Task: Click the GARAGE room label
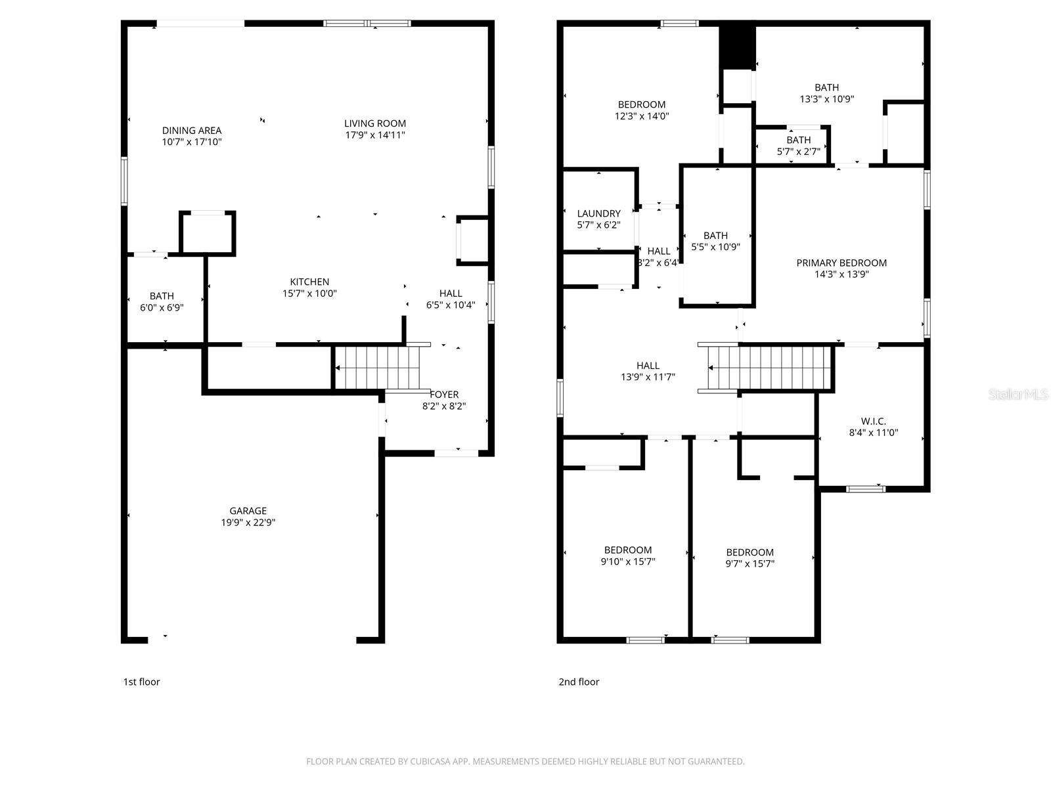coord(248,511)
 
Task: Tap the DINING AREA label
coord(192,131)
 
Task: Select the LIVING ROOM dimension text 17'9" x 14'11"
coord(375,135)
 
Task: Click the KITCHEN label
coord(309,282)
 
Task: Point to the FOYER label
coord(444,395)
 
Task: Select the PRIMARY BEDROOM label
coord(841,263)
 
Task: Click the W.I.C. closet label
coord(873,421)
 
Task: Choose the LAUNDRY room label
coord(598,213)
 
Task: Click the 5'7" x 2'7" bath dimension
coord(798,152)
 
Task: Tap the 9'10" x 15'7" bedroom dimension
coord(627,562)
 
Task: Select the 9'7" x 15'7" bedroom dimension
coord(749,564)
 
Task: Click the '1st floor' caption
coord(141,682)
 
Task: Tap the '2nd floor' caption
coord(579,682)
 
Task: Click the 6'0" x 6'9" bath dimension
coord(161,307)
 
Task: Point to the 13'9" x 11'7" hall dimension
coord(648,378)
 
